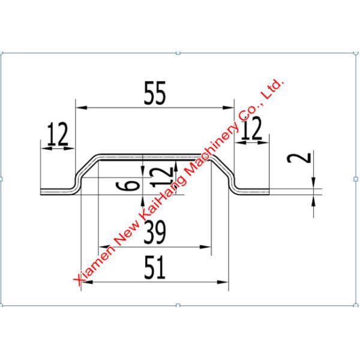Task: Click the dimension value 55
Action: pyautogui.click(x=154, y=93)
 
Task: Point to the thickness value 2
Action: pyautogui.click(x=305, y=158)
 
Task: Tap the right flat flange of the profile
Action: pyautogui.click(x=252, y=191)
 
